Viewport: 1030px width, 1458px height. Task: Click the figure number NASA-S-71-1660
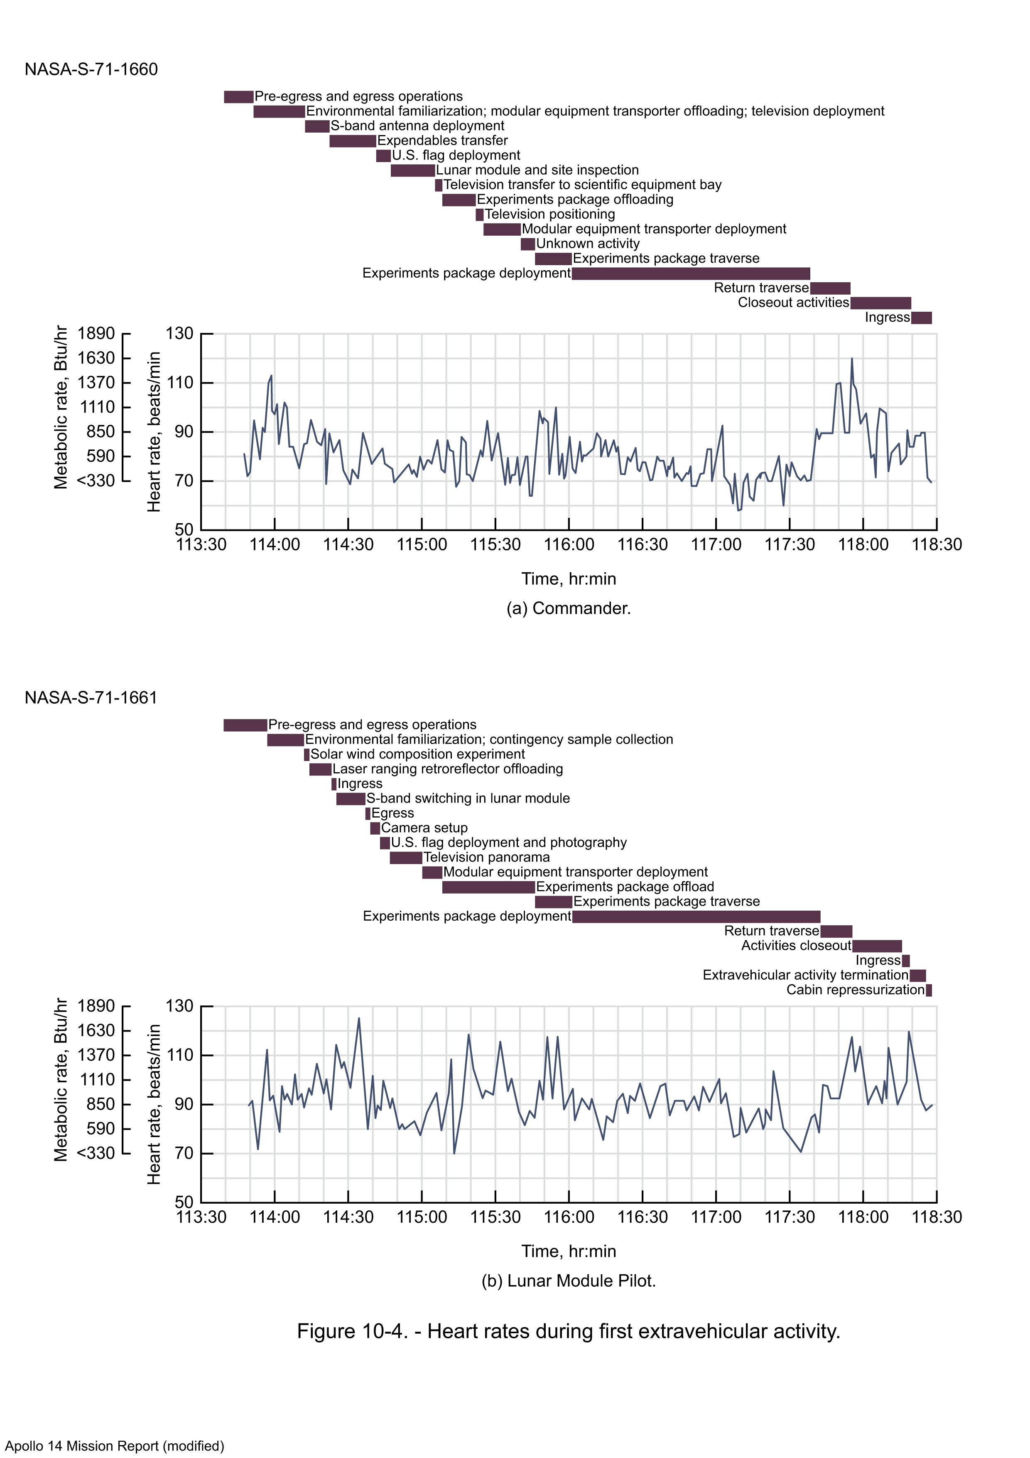pyautogui.click(x=91, y=69)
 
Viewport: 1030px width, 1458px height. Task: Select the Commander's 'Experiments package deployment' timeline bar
pyautogui.click(x=691, y=274)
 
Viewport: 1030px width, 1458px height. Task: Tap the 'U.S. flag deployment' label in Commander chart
pyautogui.click(x=456, y=155)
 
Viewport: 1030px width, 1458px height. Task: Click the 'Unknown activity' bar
pyautogui.click(x=527, y=244)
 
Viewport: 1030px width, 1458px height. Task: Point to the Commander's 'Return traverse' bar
pyautogui.click(x=830, y=288)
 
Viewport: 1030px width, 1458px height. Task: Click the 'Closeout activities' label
pyautogui.click(x=793, y=303)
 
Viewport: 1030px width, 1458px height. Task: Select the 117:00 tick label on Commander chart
pyautogui.click(x=716, y=545)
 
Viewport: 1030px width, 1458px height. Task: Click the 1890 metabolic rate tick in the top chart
pyautogui.click(x=96, y=334)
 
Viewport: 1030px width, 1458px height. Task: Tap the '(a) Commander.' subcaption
pyautogui.click(x=569, y=608)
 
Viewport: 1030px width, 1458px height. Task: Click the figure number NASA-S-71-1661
pyautogui.click(x=91, y=698)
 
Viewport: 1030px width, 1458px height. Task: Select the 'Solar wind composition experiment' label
pyautogui.click(x=417, y=754)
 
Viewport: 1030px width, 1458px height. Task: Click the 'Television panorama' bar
pyautogui.click(x=406, y=858)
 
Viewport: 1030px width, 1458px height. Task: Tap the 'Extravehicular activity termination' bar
pyautogui.click(x=918, y=975)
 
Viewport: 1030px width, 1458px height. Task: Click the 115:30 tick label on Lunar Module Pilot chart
pyautogui.click(x=495, y=1217)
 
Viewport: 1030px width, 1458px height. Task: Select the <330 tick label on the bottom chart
pyautogui.click(x=96, y=1154)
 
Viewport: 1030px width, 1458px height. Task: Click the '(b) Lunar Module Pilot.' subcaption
pyautogui.click(x=569, y=1281)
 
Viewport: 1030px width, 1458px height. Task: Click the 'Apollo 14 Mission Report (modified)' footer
pyautogui.click(x=115, y=1446)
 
